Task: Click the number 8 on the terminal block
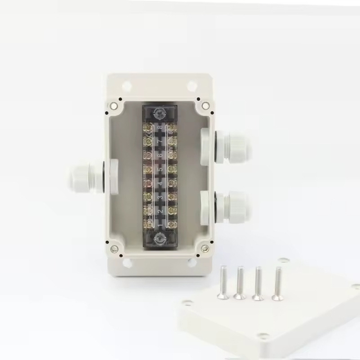pyautogui.click(x=160, y=128)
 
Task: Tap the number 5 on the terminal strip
pyautogui.click(x=160, y=169)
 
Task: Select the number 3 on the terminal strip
pyautogui.click(x=160, y=197)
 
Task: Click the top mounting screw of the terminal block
pyautogui.click(x=160, y=113)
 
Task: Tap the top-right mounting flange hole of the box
pyautogui.click(x=192, y=86)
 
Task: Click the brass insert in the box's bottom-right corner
pyautogui.click(x=205, y=248)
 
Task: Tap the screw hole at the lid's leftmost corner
pyautogui.click(x=187, y=303)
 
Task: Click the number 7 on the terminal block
pyautogui.click(x=160, y=142)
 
